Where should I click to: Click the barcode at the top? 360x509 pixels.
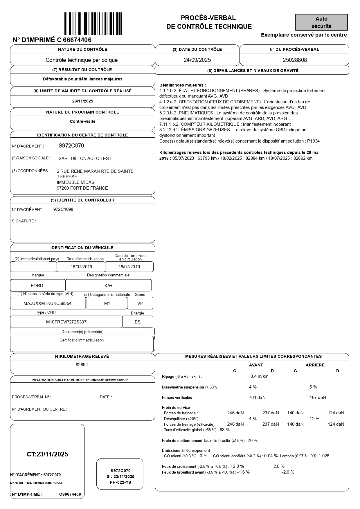click(x=93, y=24)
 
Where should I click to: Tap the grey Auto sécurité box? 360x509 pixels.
click(x=321, y=22)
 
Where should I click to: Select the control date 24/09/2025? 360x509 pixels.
click(x=197, y=60)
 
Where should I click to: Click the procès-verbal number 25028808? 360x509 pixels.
click(x=295, y=60)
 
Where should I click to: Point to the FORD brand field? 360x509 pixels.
click(x=37, y=286)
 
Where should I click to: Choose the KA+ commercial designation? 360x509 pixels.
click(x=108, y=286)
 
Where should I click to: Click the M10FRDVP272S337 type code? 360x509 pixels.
click(x=66, y=322)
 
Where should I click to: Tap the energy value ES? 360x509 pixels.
click(x=137, y=322)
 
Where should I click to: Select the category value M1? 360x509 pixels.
click(x=107, y=303)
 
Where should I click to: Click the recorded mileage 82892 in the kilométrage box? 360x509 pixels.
click(x=82, y=365)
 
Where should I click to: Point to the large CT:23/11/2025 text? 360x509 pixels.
click(x=47, y=454)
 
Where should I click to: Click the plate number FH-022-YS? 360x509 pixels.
click(x=120, y=482)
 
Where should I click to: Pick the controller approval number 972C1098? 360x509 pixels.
click(x=63, y=209)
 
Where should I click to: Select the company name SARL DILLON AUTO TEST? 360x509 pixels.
click(x=85, y=159)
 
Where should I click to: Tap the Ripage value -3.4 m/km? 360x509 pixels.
click(x=259, y=377)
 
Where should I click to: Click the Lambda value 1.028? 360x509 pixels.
click(x=324, y=456)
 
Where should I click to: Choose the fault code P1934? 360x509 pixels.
click(x=313, y=141)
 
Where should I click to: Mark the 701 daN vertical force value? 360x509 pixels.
click(x=257, y=398)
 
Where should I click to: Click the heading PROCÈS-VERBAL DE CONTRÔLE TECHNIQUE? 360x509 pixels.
click(x=209, y=22)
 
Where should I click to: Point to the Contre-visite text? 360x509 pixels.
click(x=82, y=122)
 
